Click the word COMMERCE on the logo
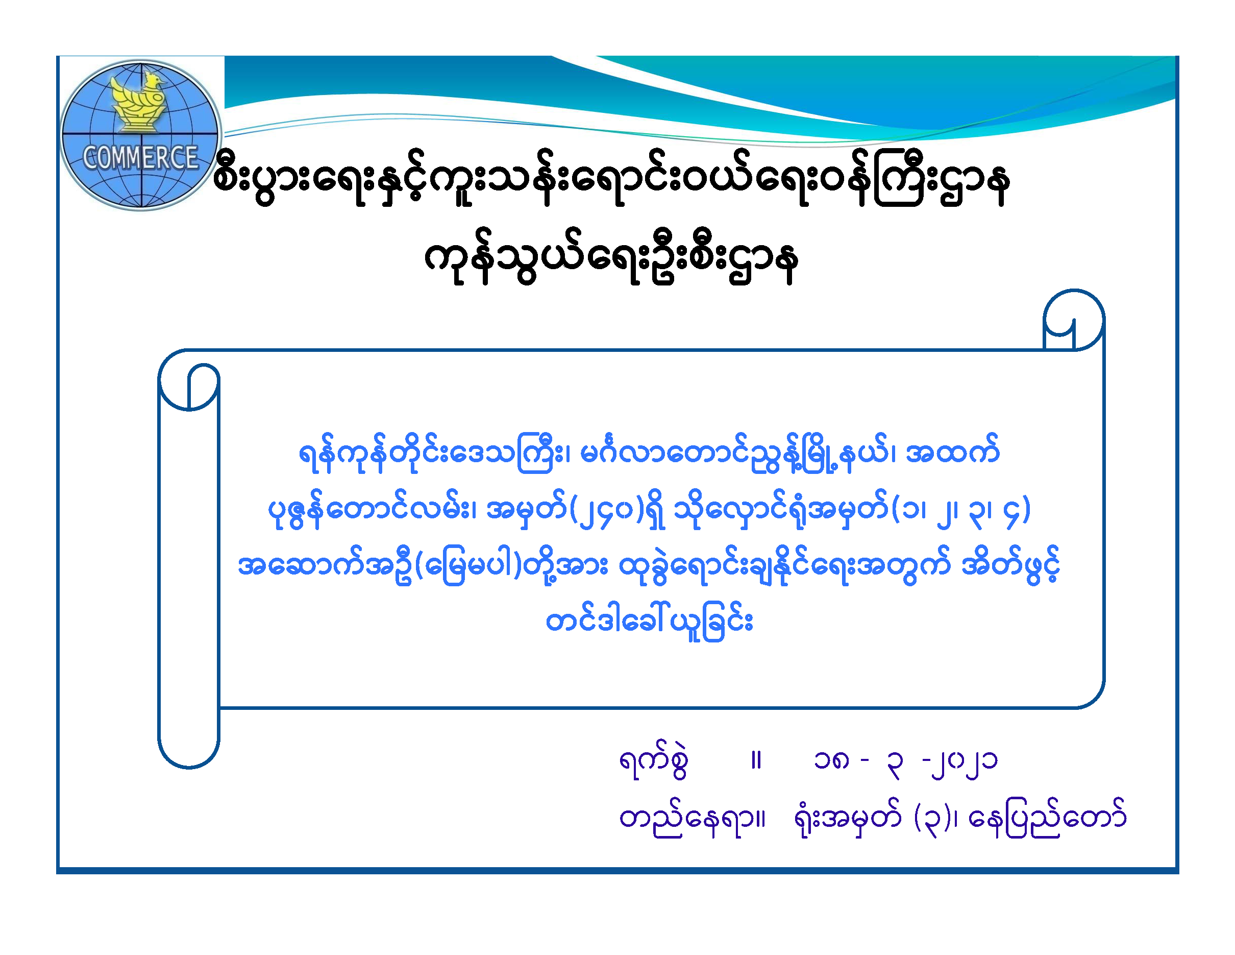click(x=140, y=158)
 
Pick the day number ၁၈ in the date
click(x=831, y=761)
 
